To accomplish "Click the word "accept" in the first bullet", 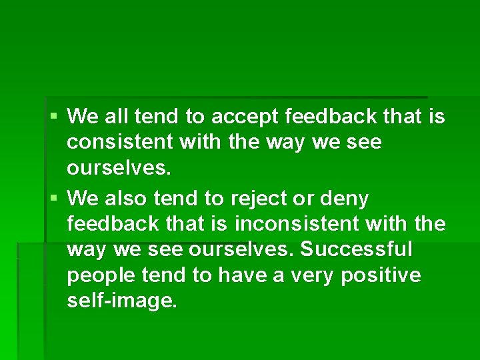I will (245, 117).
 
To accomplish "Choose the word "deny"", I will (349, 199).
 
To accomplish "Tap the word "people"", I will (96, 275).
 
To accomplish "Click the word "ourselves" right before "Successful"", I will (243, 250).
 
